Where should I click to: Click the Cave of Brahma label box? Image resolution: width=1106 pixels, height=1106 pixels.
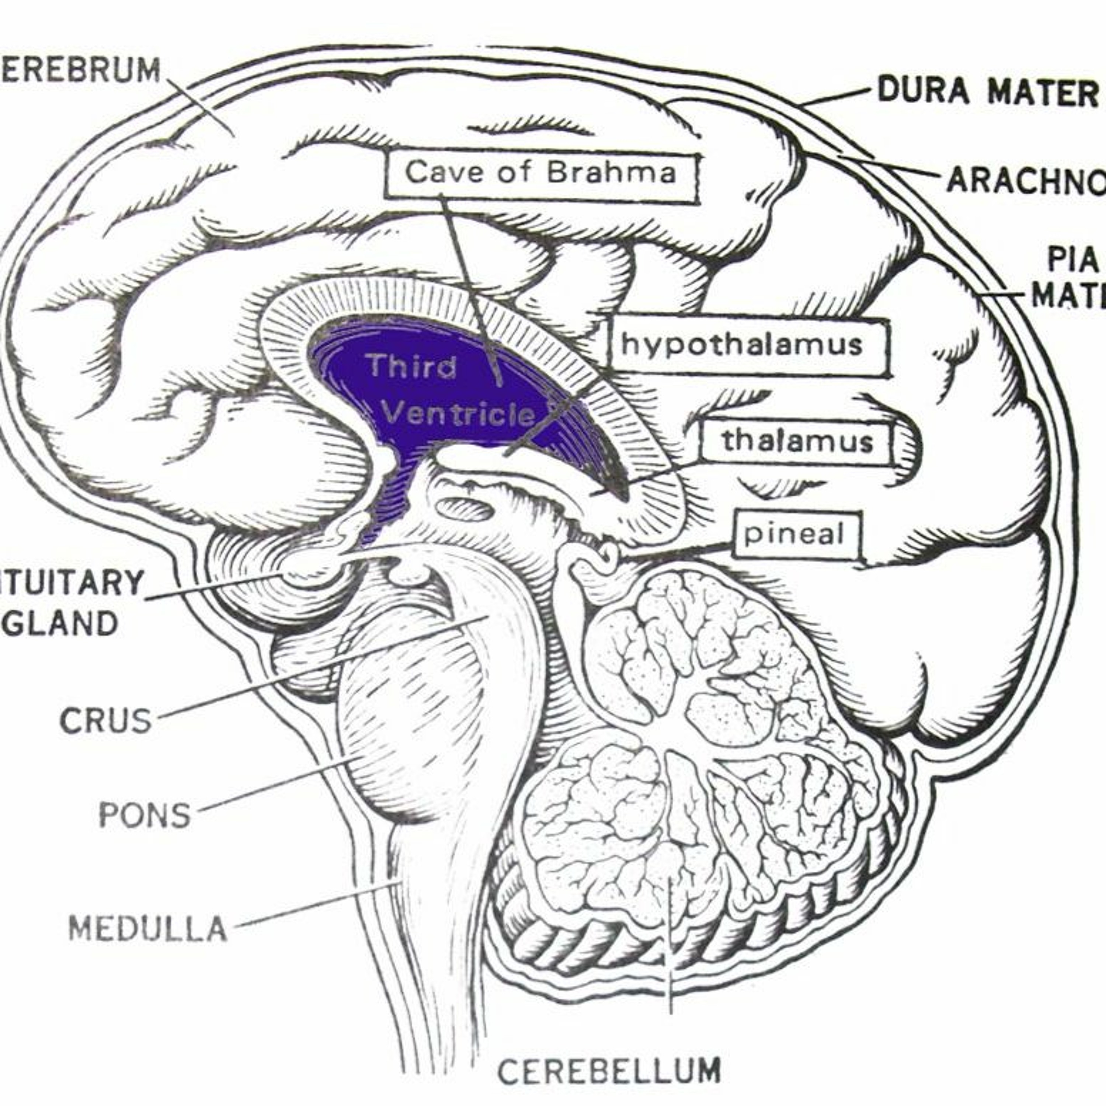click(x=541, y=172)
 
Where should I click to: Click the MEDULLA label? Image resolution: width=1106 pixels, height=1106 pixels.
click(x=148, y=929)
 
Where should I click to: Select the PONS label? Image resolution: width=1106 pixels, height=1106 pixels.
click(x=144, y=815)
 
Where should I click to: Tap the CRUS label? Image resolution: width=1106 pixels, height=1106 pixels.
click(x=106, y=720)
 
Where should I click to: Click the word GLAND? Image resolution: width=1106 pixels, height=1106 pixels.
click(x=63, y=623)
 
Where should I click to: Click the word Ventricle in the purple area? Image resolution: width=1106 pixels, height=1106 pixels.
click(x=458, y=413)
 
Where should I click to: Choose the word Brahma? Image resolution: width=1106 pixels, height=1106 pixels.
click(x=611, y=172)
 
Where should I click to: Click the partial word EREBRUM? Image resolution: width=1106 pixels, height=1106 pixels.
click(x=80, y=70)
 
